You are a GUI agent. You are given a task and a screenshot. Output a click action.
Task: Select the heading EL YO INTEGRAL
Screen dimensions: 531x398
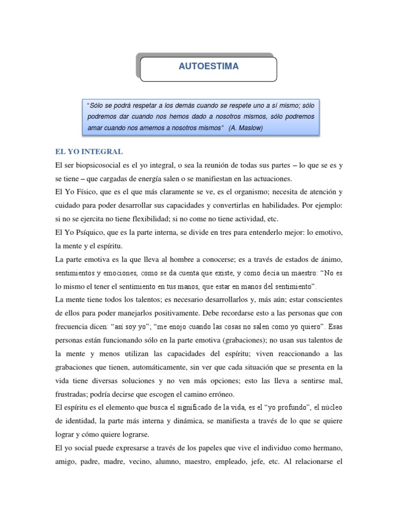[x=89, y=151]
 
